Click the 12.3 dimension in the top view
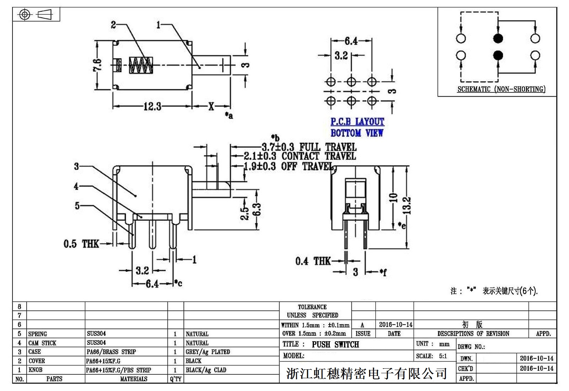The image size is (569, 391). pyautogui.click(x=152, y=106)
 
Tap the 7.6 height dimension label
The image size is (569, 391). pyautogui.click(x=97, y=65)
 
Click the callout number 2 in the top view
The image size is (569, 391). pyautogui.click(x=113, y=25)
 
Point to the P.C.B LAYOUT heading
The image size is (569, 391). pyautogui.click(x=357, y=122)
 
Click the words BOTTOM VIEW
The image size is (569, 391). pyautogui.click(x=357, y=133)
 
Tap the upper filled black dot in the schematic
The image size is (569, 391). pyautogui.click(x=498, y=38)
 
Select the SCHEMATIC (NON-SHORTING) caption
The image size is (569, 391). pyautogui.click(x=501, y=89)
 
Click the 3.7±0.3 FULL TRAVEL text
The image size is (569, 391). pyautogui.click(x=309, y=147)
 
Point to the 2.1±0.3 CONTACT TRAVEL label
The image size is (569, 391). pyautogui.click(x=299, y=156)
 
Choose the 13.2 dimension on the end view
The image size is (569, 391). pyautogui.click(x=408, y=206)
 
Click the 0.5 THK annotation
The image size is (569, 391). pyautogui.click(x=81, y=244)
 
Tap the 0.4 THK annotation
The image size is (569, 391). pyautogui.click(x=313, y=261)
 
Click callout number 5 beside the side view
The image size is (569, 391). pyautogui.click(x=77, y=206)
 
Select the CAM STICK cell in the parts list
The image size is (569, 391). pyautogui.click(x=42, y=343)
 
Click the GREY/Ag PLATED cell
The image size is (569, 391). pyautogui.click(x=208, y=352)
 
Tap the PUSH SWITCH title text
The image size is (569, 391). pyautogui.click(x=335, y=344)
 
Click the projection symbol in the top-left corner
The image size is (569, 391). pyautogui.click(x=36, y=15)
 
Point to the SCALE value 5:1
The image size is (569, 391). pyautogui.click(x=443, y=356)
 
